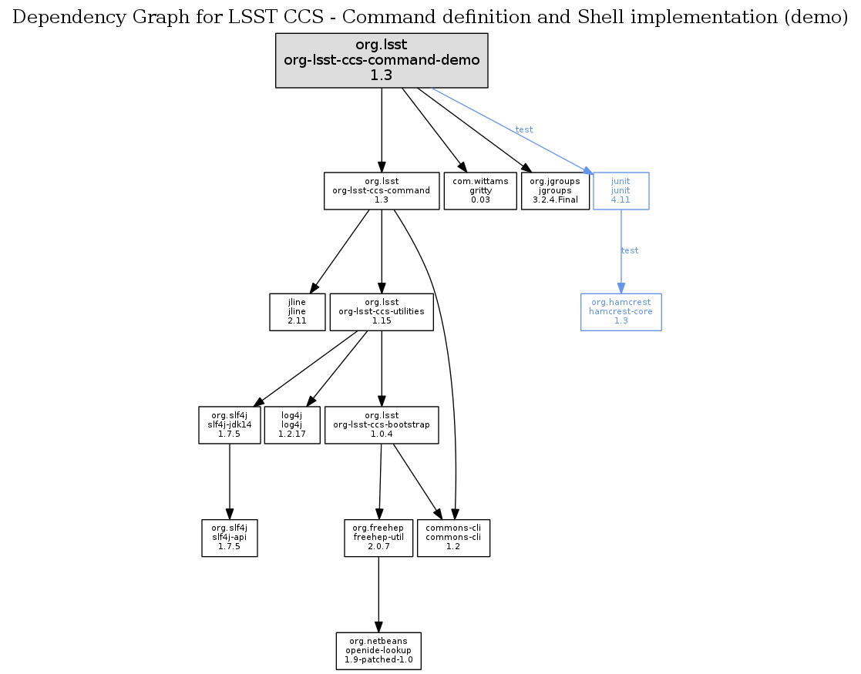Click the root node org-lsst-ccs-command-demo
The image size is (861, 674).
click(x=382, y=60)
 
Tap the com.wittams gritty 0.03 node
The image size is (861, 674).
click(x=479, y=190)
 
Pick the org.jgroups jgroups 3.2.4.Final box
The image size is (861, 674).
click(x=555, y=190)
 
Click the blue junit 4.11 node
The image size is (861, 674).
click(x=621, y=190)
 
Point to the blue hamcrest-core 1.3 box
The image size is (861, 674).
click(x=621, y=311)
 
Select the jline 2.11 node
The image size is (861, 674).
click(x=297, y=311)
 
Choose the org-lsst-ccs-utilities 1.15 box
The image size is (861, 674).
click(x=382, y=311)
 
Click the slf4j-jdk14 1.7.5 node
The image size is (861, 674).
click(x=230, y=424)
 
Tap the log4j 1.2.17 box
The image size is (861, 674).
click(x=291, y=424)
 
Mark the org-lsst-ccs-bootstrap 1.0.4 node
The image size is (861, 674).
click(x=382, y=424)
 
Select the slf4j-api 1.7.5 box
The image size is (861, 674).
click(x=230, y=538)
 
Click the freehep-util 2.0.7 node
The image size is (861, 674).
click(x=378, y=538)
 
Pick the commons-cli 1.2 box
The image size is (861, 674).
click(x=453, y=538)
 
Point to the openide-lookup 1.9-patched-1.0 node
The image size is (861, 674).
click(x=378, y=651)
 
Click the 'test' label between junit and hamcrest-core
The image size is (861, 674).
click(x=630, y=250)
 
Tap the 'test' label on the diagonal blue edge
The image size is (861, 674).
click(x=524, y=129)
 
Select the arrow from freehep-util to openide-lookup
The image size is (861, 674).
click(x=378, y=594)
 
